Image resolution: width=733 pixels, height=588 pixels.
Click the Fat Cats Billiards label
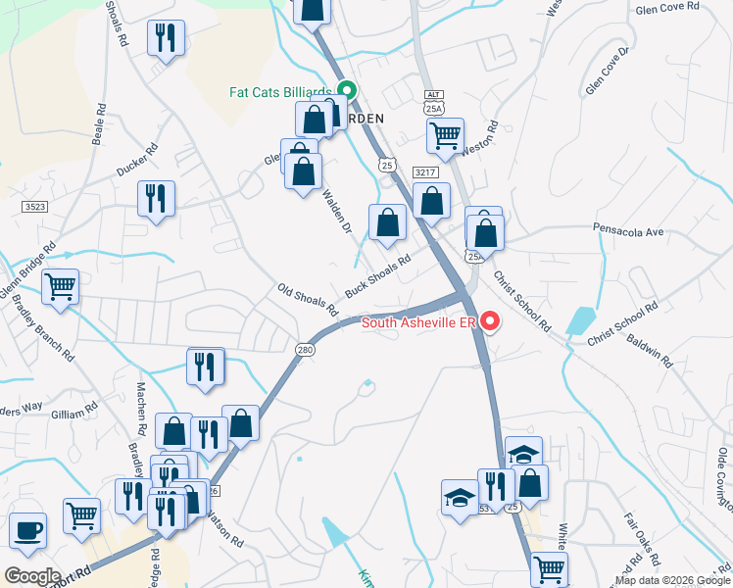(x=280, y=92)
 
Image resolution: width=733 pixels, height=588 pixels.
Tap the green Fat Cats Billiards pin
(x=346, y=92)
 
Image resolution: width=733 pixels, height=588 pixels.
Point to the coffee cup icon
(x=27, y=530)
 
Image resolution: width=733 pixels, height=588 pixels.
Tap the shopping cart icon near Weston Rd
(x=445, y=135)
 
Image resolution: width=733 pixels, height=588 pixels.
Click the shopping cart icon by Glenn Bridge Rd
(x=60, y=287)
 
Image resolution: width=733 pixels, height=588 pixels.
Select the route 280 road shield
(x=304, y=349)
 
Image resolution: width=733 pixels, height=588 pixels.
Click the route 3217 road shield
(x=423, y=172)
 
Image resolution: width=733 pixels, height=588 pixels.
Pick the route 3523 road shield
(x=34, y=207)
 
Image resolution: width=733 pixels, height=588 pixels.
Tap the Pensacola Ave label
(x=628, y=232)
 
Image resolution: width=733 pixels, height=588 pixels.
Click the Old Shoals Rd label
(x=308, y=300)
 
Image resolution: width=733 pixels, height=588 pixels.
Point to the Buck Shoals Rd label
(x=376, y=279)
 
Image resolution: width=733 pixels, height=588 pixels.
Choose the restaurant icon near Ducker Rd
(x=156, y=197)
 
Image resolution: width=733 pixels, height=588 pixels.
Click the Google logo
(x=32, y=575)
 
